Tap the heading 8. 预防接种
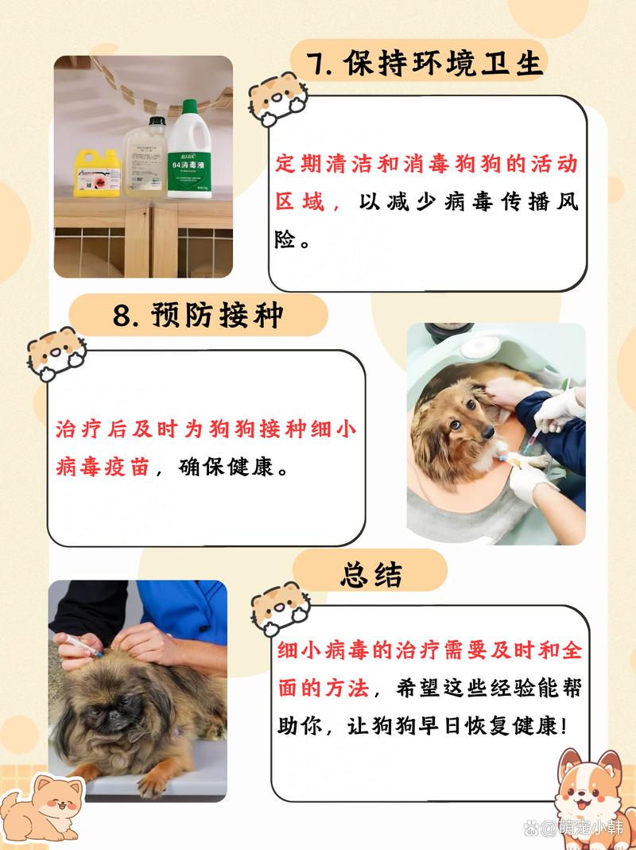click(198, 316)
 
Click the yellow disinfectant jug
click(97, 171)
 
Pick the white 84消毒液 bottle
click(188, 155)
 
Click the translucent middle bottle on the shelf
click(144, 159)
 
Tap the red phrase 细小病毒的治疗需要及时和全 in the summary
click(429, 650)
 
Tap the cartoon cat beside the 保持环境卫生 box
click(274, 99)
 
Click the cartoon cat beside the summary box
click(277, 608)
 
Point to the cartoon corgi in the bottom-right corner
click(592, 795)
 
